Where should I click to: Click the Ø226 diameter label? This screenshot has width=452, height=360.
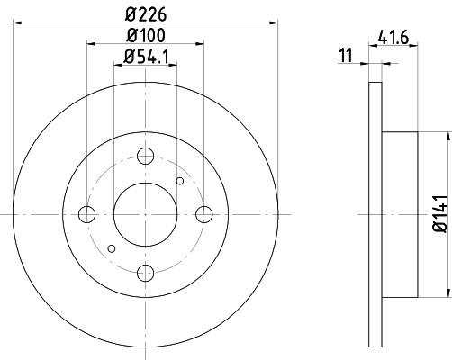pyautogui.click(x=146, y=13)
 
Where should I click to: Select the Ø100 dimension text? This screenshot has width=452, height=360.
pyautogui.click(x=146, y=36)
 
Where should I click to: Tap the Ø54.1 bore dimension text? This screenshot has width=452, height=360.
pyautogui.click(x=146, y=59)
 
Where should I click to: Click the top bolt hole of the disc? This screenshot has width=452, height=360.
pyautogui.click(x=146, y=155)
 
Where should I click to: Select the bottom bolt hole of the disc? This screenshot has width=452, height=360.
pyautogui.click(x=146, y=273)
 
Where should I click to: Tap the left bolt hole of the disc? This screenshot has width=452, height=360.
pyautogui.click(x=87, y=214)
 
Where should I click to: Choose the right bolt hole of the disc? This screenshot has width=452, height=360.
pyautogui.click(x=204, y=214)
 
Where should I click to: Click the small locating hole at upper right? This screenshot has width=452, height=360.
pyautogui.click(x=180, y=181)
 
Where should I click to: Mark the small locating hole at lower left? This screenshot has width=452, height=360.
pyautogui.click(x=112, y=247)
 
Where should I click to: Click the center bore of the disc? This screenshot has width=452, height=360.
pyautogui.click(x=146, y=214)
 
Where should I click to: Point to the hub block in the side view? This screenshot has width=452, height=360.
pyautogui.click(x=399, y=214)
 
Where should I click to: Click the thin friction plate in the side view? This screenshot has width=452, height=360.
pyautogui.click(x=375, y=214)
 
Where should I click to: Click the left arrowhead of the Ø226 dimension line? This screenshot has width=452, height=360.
pyautogui.click(x=18, y=24)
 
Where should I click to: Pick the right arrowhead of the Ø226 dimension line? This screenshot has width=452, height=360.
pyautogui.click(x=272, y=24)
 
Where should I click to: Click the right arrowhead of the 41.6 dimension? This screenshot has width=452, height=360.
pyautogui.click(x=415, y=63)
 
